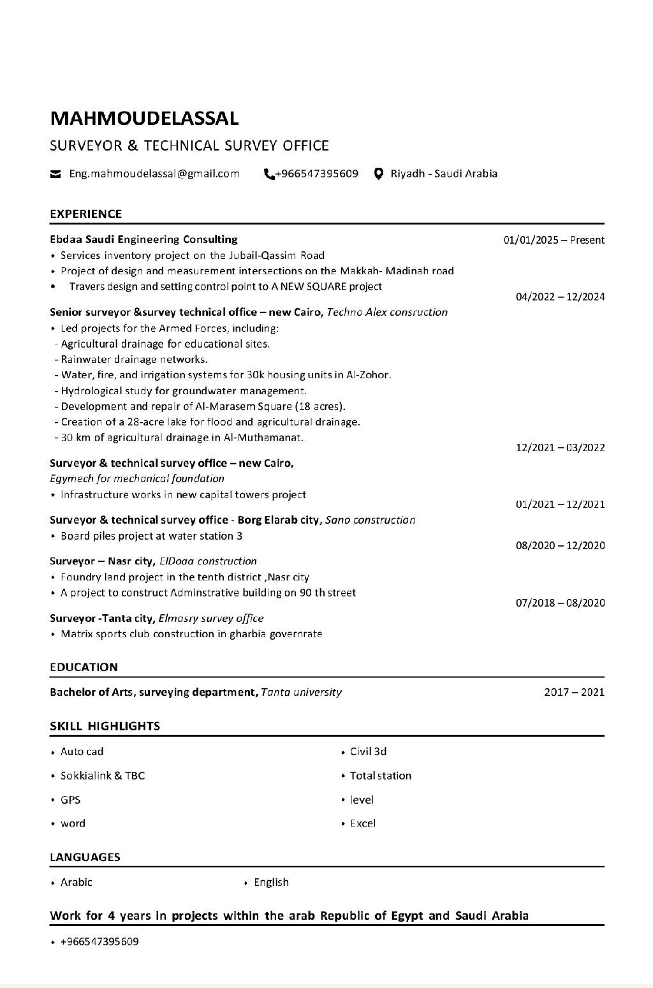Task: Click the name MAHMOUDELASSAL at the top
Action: pos(144,119)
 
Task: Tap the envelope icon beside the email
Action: pos(55,174)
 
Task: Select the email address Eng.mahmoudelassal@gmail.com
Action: pos(154,173)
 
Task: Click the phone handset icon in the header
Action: pos(268,173)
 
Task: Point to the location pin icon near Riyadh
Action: pos(379,173)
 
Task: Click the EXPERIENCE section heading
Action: pos(85,214)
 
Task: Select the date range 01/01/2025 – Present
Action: pos(554,240)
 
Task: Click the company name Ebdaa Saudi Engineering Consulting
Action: pos(143,240)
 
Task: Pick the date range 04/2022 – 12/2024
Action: pos(560,297)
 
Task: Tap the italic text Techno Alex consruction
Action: pos(387,313)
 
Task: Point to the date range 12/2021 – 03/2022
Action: pos(560,448)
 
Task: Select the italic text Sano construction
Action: pos(371,520)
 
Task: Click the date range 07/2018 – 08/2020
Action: pos(560,603)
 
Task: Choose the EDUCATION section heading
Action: pos(84,667)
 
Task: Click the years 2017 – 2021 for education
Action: pos(574,692)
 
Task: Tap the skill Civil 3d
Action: pos(368,751)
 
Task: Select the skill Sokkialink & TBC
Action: pos(103,776)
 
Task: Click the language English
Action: pos(271,882)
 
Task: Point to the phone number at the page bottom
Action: pos(99,941)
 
